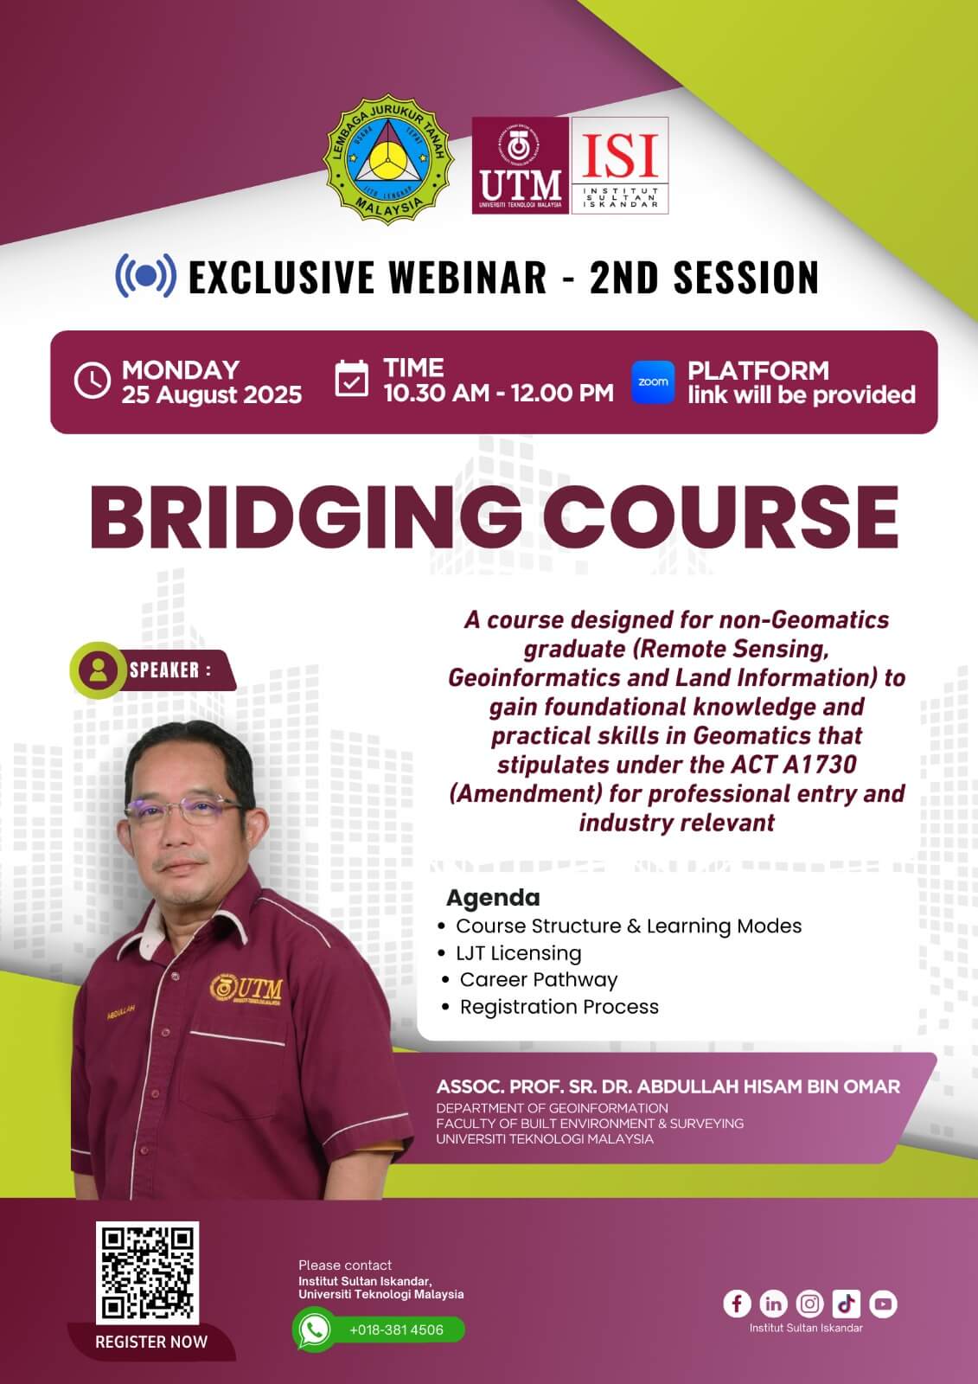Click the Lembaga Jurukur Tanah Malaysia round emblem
point(388,159)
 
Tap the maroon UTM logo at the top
point(521,165)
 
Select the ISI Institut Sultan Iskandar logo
point(620,165)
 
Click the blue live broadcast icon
point(146,276)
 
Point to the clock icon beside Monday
point(92,381)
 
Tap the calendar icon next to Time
point(352,379)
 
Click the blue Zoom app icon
point(653,381)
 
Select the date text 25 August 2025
point(211,394)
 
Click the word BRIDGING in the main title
point(306,517)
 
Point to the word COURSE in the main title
point(720,517)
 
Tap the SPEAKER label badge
point(152,670)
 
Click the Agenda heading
point(493,897)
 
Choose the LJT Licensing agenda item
point(518,952)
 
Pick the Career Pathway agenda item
point(538,979)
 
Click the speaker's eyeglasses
point(184,810)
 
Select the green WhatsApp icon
point(315,1330)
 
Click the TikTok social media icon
point(847,1304)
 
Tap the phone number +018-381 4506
point(396,1330)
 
